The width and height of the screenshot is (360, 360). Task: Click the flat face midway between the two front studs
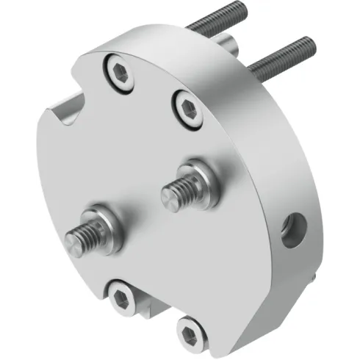pos(140,206)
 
